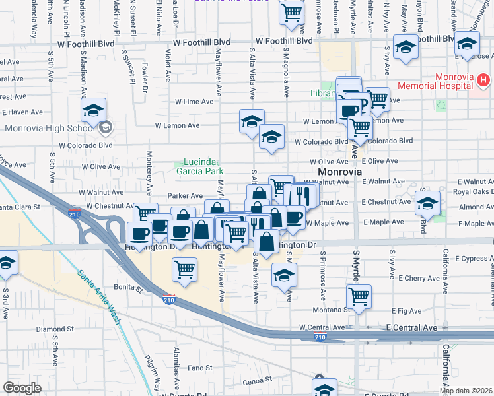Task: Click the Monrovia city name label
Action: (339, 171)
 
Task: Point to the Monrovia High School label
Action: (49, 128)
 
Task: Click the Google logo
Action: (22, 388)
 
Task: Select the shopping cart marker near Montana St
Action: (359, 296)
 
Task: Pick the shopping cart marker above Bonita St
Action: (185, 269)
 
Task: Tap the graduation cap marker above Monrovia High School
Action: (94, 110)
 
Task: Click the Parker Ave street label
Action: (185, 195)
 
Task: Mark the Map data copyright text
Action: (466, 391)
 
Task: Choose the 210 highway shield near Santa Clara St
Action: (75, 213)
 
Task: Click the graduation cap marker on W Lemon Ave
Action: (252, 121)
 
